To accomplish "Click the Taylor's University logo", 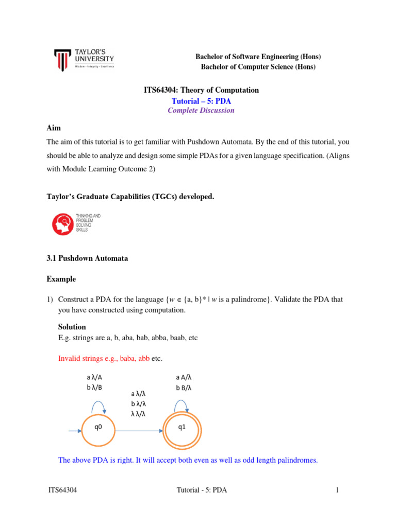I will click(84, 60).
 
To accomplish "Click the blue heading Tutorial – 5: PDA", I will click(201, 100).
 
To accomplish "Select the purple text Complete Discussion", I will click(201, 110).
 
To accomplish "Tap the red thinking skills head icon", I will click(63, 223).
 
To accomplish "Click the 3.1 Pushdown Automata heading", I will click(87, 258).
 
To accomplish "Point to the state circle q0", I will click(98, 427).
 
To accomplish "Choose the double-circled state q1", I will click(181, 427).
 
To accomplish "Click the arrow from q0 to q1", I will click(138, 427).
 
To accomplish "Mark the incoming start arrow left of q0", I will click(75, 427).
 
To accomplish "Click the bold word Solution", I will click(72, 327).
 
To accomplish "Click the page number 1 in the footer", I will click(337, 490).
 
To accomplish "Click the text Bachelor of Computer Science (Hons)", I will click(258, 67).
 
